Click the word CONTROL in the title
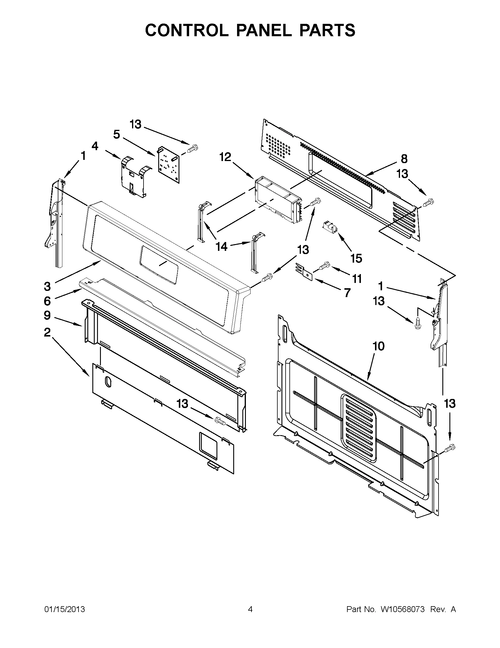pos(186,30)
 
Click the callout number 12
pos(225,157)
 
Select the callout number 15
pos(356,258)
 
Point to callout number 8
pos(404,159)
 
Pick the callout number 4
pos(94,146)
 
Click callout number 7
pos(347,293)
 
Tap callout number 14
pos(221,246)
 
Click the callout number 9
pos(47,315)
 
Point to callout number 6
pos(47,301)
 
